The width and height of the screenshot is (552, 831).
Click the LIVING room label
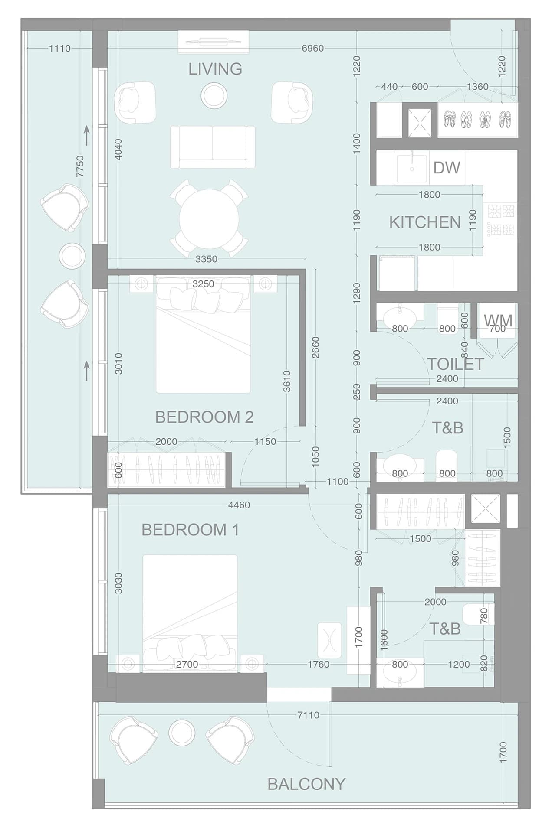click(x=215, y=69)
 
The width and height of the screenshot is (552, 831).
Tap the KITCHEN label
click(x=425, y=222)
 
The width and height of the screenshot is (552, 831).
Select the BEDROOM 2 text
click(x=204, y=417)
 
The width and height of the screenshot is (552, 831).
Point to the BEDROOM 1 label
click(x=190, y=530)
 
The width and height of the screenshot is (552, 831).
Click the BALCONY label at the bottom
click(x=306, y=784)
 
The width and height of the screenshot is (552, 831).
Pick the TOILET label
click(x=455, y=364)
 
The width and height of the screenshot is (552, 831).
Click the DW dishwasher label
click(x=447, y=168)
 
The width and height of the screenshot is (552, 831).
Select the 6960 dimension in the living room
click(x=312, y=48)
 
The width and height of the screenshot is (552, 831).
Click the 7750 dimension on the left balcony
click(x=80, y=166)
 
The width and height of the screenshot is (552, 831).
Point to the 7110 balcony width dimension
click(x=308, y=715)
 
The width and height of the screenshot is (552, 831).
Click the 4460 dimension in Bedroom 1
click(x=239, y=505)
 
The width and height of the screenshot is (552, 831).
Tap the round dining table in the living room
click(x=209, y=219)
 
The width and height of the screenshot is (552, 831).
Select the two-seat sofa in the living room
click(x=213, y=147)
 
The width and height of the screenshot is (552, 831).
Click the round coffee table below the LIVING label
click(x=214, y=95)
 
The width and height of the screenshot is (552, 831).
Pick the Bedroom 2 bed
click(x=203, y=334)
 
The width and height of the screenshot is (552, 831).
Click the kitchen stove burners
click(x=500, y=220)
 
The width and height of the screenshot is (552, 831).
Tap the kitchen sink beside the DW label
click(x=411, y=167)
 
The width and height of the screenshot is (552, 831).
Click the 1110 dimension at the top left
click(x=59, y=48)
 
